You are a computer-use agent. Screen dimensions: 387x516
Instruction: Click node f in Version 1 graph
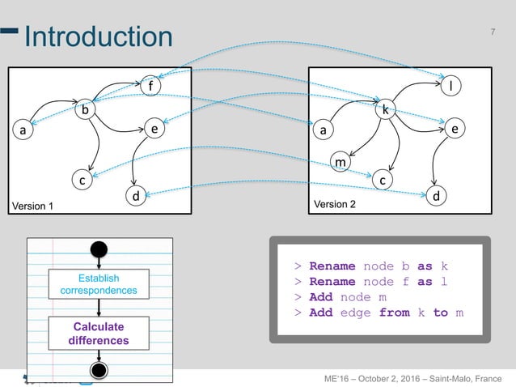150,84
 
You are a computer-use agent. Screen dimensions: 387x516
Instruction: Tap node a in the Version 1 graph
23,129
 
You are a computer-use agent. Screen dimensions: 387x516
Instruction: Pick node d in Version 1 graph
135,196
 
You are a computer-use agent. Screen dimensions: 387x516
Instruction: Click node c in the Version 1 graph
82,181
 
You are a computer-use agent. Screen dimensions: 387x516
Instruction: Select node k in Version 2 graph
385,108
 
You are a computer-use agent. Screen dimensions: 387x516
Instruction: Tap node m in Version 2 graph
341,163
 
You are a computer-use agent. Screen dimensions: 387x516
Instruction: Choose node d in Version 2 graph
436,195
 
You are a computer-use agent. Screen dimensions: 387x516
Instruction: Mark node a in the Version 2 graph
323,129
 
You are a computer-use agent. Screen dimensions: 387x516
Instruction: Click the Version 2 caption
335,205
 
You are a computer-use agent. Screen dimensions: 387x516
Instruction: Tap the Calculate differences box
99,334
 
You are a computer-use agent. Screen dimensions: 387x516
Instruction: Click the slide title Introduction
98,36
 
